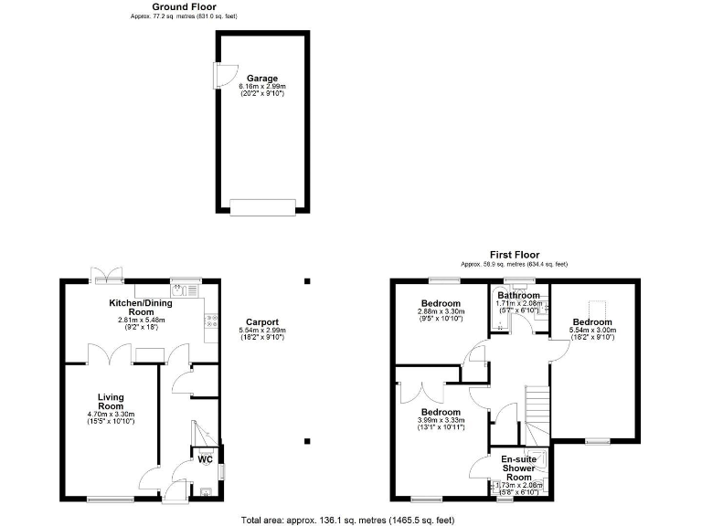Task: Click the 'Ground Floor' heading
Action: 184,6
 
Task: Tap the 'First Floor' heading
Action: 514,255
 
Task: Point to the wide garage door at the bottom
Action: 263,208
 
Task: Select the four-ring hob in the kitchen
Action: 211,321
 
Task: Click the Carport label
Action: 261,321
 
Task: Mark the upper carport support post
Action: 308,281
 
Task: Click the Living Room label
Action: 111,403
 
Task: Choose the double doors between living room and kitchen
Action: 110,356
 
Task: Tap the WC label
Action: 206,459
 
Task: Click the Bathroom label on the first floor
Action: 518,295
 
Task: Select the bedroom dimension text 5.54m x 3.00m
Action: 593,331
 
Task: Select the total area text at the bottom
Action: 347,520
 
